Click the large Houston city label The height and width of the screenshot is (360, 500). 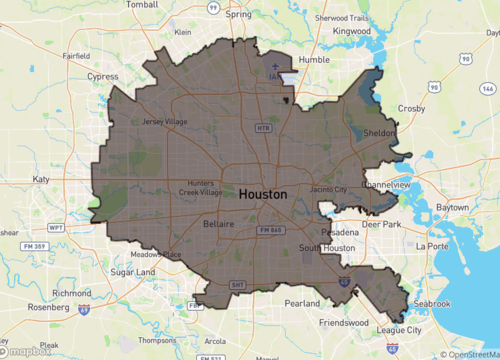263,194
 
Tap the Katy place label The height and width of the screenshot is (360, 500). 41,179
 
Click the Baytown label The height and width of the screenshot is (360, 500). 452,206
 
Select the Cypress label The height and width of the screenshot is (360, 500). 102,75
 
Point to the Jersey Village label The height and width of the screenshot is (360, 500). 165,122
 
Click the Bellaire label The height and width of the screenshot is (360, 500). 218,224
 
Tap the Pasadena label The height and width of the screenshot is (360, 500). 340,231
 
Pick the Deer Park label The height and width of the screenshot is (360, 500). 380,224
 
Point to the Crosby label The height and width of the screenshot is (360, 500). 411,107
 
